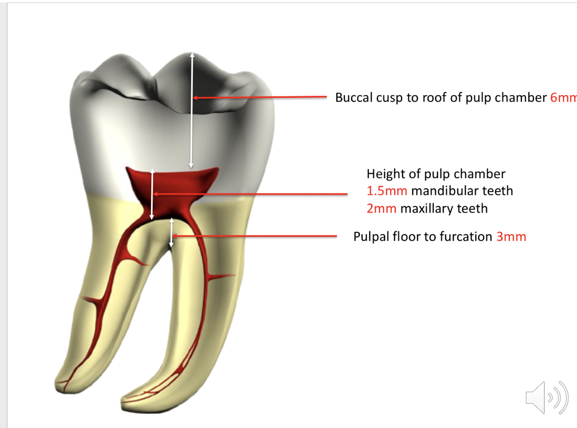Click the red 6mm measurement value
(564, 97)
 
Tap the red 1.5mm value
(387, 191)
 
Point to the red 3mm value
(511, 236)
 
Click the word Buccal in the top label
(351, 97)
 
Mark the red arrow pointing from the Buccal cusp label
(260, 97)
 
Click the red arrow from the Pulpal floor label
(256, 235)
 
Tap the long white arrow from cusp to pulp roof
(192, 110)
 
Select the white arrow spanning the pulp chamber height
(152, 194)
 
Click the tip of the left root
(60, 382)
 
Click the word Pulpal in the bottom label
(371, 236)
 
